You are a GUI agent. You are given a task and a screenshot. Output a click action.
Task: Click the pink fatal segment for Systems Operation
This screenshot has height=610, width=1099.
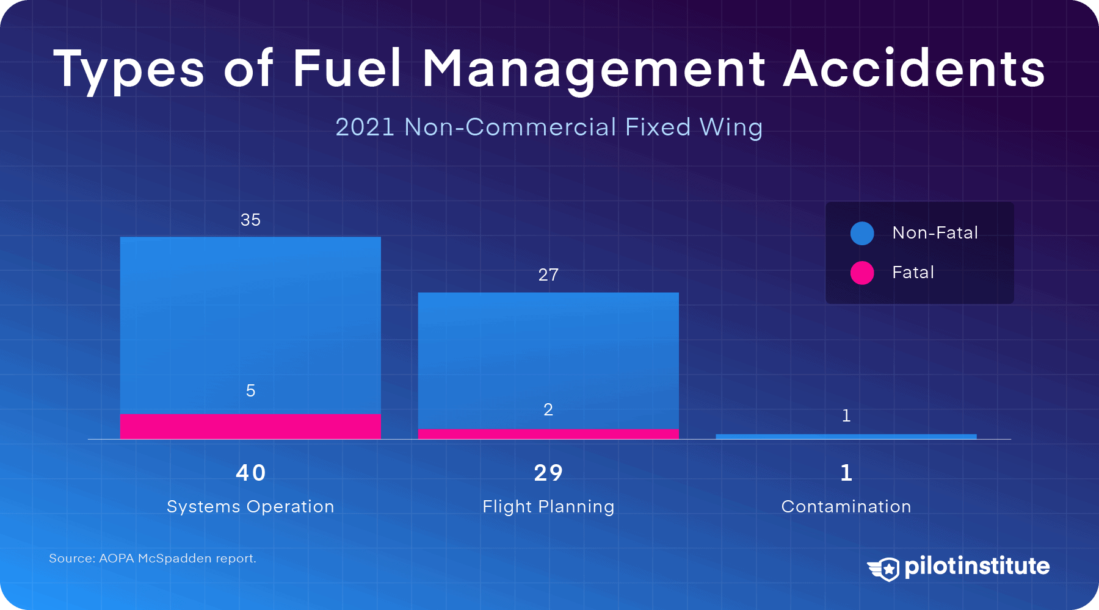pyautogui.click(x=250, y=426)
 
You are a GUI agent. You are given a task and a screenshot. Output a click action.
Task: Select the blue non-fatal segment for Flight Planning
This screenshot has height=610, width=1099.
pyautogui.click(x=548, y=360)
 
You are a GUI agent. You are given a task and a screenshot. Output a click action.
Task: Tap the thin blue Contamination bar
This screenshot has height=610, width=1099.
pyautogui.click(x=846, y=437)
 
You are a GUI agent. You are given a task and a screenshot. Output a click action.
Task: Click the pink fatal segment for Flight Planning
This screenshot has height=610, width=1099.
pyautogui.click(x=548, y=434)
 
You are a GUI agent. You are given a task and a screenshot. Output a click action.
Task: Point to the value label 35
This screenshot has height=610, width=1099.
pyautogui.click(x=250, y=220)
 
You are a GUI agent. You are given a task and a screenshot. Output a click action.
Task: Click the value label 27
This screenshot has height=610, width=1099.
pyautogui.click(x=548, y=275)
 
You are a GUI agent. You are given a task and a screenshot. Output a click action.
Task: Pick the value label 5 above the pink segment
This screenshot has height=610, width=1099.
pyautogui.click(x=250, y=391)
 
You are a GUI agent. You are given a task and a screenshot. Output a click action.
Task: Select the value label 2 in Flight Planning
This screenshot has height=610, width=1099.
pyautogui.click(x=548, y=410)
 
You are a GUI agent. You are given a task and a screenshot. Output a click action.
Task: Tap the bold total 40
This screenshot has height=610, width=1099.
pyautogui.click(x=250, y=473)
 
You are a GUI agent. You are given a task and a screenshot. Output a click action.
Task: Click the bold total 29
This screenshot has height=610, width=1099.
pyautogui.click(x=548, y=473)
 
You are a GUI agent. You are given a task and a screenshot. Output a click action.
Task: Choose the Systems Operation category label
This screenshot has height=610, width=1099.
pyautogui.click(x=250, y=507)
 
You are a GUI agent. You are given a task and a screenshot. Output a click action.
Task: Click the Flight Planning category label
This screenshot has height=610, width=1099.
pyautogui.click(x=548, y=507)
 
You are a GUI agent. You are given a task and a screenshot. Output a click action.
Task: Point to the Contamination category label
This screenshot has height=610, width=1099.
pyautogui.click(x=846, y=507)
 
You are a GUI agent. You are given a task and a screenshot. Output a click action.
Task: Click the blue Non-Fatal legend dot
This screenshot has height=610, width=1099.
pyautogui.click(x=862, y=233)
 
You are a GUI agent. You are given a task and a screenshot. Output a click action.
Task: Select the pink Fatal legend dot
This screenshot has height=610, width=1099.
pyautogui.click(x=862, y=273)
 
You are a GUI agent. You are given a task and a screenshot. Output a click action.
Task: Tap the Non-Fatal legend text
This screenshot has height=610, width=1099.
pyautogui.click(x=935, y=233)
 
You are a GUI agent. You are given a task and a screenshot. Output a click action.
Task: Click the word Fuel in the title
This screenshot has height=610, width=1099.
pyautogui.click(x=347, y=68)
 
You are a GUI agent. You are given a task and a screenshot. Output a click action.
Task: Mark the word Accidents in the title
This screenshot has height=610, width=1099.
pyautogui.click(x=914, y=68)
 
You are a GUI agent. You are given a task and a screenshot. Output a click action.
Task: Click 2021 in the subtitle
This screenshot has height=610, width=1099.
pyautogui.click(x=365, y=127)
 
